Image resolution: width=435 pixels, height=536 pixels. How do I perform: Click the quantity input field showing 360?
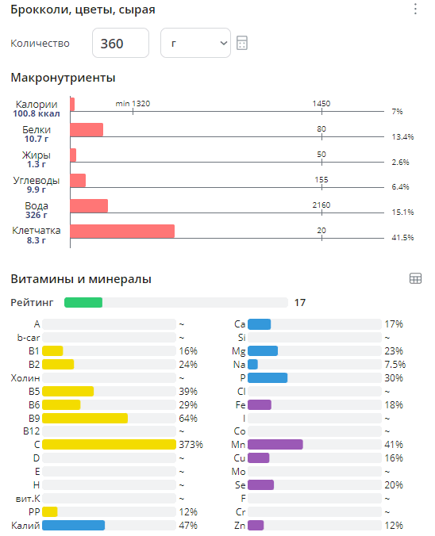(121, 43)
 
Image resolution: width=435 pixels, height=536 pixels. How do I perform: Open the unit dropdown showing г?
(195, 43)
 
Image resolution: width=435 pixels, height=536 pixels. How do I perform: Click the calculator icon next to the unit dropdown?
(242, 43)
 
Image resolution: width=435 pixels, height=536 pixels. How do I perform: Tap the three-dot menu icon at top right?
(415, 10)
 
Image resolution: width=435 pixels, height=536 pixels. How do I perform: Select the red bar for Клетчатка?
(122, 231)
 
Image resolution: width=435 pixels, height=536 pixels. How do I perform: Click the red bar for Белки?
(87, 130)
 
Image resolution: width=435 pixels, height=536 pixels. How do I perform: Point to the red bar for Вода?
(89, 205)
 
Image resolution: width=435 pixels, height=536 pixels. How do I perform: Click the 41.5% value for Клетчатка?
(402, 238)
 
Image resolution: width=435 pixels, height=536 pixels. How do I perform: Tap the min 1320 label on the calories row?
(133, 104)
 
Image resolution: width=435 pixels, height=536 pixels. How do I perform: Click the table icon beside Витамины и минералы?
(415, 278)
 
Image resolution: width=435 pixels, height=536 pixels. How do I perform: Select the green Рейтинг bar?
(83, 302)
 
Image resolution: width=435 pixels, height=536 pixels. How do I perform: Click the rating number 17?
(300, 302)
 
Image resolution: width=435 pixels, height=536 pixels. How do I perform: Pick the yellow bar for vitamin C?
(109, 444)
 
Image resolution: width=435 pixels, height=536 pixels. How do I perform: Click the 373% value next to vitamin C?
(191, 444)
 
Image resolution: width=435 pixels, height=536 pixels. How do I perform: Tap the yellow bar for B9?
(85, 418)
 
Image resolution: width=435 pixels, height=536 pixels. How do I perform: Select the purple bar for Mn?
(275, 444)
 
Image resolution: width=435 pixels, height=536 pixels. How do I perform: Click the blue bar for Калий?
(73, 525)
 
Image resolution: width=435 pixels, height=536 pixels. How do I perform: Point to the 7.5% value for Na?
(395, 364)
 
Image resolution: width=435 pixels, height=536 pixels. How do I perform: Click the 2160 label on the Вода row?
(321, 205)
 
